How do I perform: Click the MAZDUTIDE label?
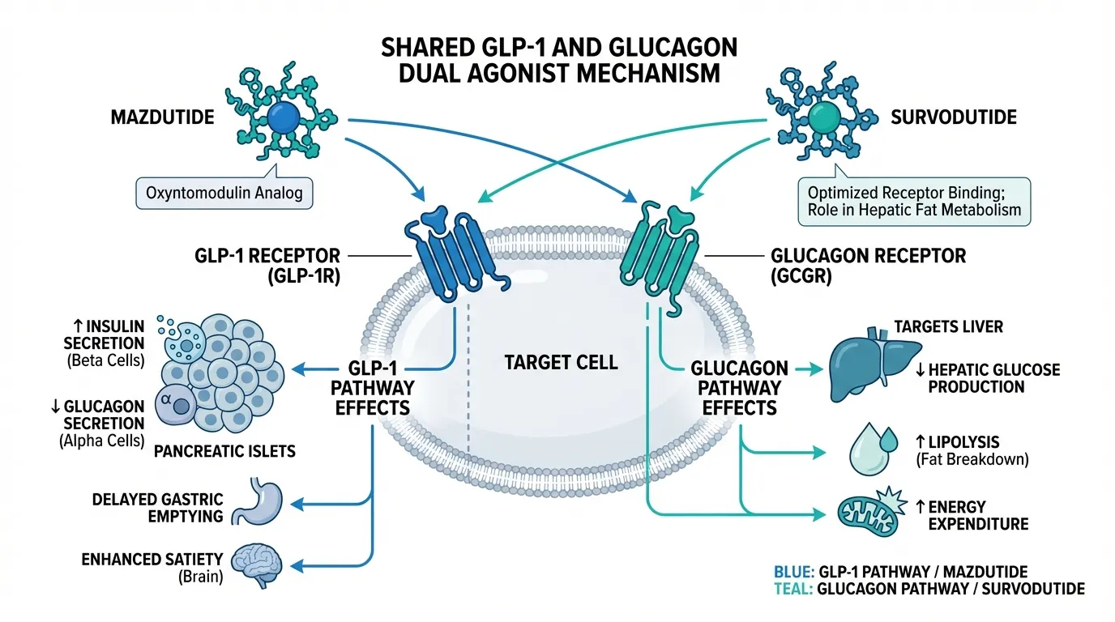pos(162,118)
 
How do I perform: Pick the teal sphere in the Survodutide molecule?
pos(824,120)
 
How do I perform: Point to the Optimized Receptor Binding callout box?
pos(914,202)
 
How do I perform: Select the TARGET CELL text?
pos(561,362)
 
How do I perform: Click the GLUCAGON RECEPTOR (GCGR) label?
pos(868,265)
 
